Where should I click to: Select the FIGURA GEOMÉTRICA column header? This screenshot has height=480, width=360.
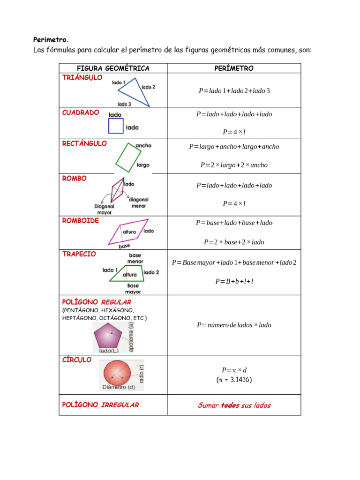113,68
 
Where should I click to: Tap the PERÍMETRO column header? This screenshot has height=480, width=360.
234,68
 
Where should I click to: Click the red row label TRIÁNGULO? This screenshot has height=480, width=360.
82,78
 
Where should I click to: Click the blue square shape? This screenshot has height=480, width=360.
116,126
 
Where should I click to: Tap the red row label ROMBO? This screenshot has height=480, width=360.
75,179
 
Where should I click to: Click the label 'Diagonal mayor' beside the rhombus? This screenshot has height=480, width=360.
104,209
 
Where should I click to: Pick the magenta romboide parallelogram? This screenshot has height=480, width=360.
128,232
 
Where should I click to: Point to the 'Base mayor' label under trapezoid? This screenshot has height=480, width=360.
133,289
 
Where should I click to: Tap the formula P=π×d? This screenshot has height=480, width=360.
234,370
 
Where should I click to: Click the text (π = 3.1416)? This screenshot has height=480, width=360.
234,380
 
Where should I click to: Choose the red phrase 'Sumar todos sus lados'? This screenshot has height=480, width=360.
234,405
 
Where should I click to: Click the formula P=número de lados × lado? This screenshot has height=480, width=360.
234,325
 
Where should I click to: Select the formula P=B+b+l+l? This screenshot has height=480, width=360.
234,281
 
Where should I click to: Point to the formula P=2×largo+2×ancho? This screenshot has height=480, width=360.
234,165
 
